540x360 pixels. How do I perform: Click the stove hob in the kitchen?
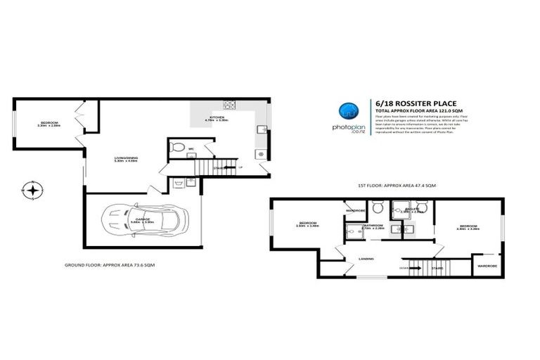pyautogui.click(x=229, y=105)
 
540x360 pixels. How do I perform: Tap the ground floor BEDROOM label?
pyautogui.click(x=50, y=124)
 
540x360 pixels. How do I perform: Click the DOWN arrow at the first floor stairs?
pyautogui.click(x=404, y=267)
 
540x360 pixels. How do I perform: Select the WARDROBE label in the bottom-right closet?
pyautogui.click(x=487, y=266)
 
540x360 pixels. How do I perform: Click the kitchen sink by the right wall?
pyautogui.click(x=261, y=129)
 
